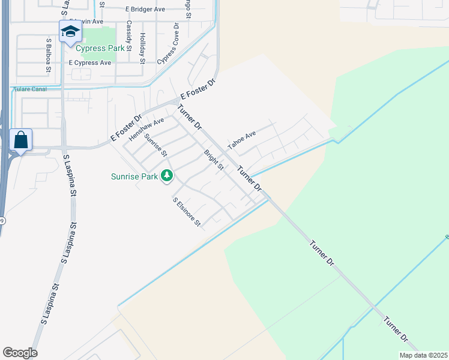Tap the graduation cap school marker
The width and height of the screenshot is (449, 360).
point(70,32)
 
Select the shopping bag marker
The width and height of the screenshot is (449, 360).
point(21,140)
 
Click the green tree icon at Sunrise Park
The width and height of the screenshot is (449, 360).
point(167,176)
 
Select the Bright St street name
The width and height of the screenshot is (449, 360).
point(213,160)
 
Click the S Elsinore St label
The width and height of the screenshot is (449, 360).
point(186,213)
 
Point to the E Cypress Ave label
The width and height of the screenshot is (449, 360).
point(90,62)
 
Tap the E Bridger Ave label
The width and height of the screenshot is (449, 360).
point(145,10)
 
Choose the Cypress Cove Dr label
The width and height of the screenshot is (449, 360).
point(169,44)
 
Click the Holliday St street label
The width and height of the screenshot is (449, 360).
point(142,48)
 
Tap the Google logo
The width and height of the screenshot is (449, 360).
point(20,353)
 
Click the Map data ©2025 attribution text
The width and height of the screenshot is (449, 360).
point(423,355)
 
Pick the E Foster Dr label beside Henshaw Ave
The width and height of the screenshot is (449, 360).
point(125,128)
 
